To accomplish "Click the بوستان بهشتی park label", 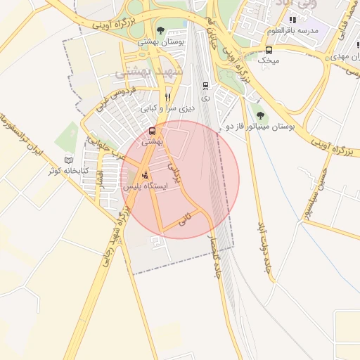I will (x=161, y=42).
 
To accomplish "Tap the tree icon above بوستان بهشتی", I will (x=161, y=31).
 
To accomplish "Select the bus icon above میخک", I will (x=269, y=50).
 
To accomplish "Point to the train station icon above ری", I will (x=205, y=86).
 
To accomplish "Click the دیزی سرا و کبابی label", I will (x=167, y=109).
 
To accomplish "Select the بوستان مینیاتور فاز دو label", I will (x=259, y=126).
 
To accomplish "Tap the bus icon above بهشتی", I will (x=153, y=131).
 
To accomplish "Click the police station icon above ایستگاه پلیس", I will (x=145, y=175).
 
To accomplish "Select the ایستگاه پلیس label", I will (x=145, y=187).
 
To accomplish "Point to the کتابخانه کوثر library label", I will (x=68, y=171).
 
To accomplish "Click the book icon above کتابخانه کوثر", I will (x=68, y=160).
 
